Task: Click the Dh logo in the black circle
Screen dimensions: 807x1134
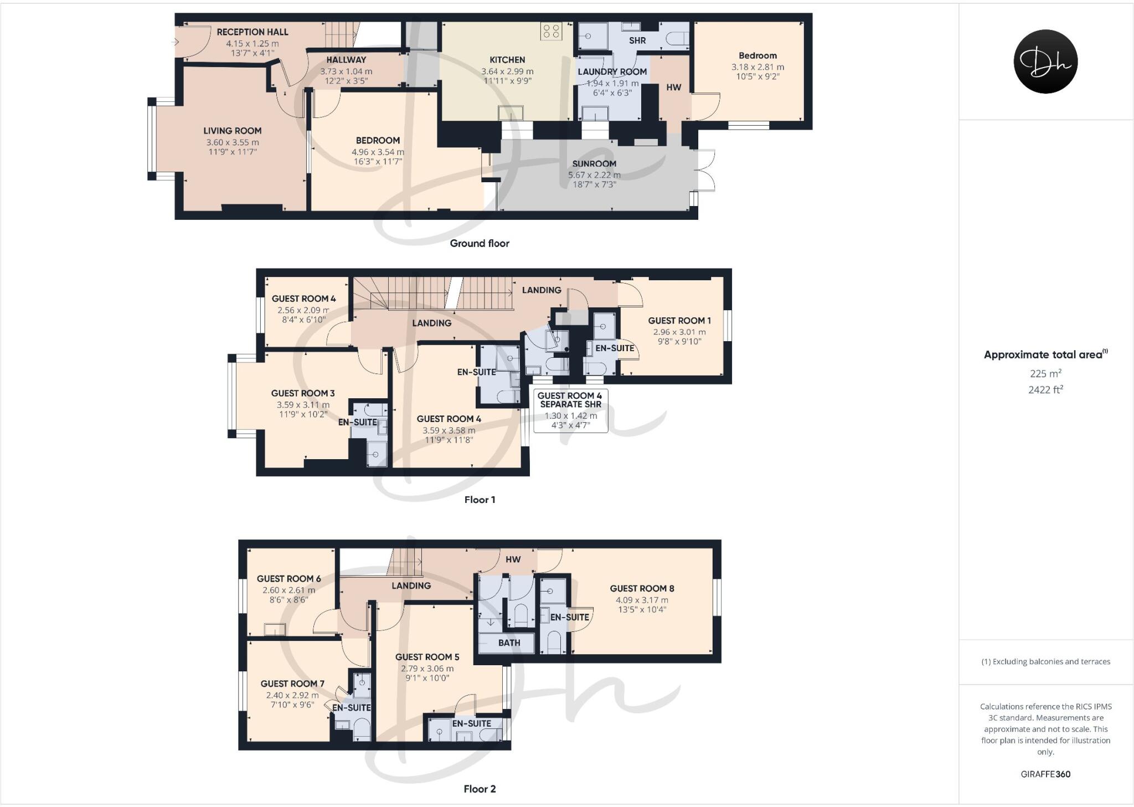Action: pos(1045,61)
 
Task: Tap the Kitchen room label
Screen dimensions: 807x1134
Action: pos(507,60)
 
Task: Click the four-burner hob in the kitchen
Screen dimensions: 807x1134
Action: pos(551,31)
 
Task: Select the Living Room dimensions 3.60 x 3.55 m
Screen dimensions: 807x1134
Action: pos(233,142)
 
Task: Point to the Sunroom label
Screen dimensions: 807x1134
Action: pos(594,163)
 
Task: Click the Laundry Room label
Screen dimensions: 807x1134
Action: pos(612,72)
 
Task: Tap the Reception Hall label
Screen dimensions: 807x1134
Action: pos(252,32)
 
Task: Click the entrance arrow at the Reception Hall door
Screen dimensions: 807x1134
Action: pos(176,42)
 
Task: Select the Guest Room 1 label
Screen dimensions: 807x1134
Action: pos(679,321)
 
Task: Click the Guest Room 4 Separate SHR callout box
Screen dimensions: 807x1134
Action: pos(570,410)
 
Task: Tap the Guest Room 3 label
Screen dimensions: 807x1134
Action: pos(303,393)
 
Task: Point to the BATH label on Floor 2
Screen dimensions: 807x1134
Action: pos(509,643)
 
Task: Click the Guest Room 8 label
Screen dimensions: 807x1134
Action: pos(642,589)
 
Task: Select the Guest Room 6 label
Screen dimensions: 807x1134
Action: pos(288,579)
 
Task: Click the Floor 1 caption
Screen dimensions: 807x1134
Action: pos(480,500)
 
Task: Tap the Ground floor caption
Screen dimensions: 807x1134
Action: pos(480,243)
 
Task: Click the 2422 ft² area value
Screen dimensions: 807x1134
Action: pos(1045,390)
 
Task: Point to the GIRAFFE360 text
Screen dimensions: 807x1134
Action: pos(1045,774)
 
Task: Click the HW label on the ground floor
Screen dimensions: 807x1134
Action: pos(673,88)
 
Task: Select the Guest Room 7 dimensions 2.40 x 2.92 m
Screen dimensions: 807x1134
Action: pos(292,695)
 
